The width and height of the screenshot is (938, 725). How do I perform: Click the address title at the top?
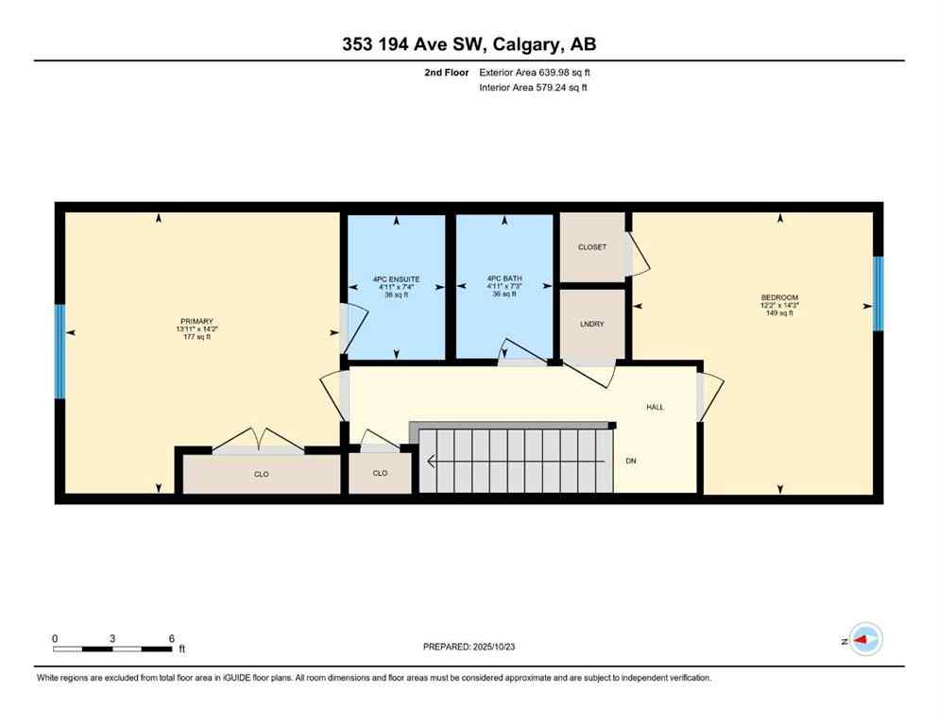469,44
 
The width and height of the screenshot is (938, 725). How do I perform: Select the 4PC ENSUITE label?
396,279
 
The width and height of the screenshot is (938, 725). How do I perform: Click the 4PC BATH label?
504,278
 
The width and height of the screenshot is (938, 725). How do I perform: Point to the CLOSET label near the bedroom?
592,247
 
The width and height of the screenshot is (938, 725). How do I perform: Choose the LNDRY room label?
592,325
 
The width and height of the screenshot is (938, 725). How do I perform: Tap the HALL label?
655,407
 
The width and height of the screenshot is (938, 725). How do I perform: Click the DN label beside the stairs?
631,462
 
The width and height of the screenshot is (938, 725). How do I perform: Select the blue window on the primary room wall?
60,351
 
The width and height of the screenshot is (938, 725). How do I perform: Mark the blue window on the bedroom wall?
878,294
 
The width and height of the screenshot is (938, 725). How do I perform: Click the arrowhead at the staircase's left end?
432,462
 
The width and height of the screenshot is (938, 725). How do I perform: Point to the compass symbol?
865,640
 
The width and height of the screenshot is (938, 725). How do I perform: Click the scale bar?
112,649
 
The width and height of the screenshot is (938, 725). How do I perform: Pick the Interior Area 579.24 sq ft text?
535,88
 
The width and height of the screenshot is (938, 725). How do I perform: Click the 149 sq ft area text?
779,313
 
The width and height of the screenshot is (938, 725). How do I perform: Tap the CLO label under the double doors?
262,474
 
